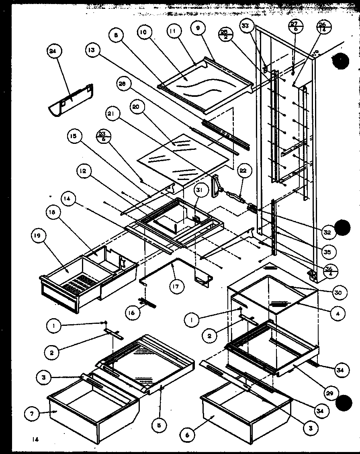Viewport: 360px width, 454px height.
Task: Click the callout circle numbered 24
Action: pyautogui.click(x=52, y=51)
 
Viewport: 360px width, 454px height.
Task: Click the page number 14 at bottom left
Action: pyautogui.click(x=36, y=440)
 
